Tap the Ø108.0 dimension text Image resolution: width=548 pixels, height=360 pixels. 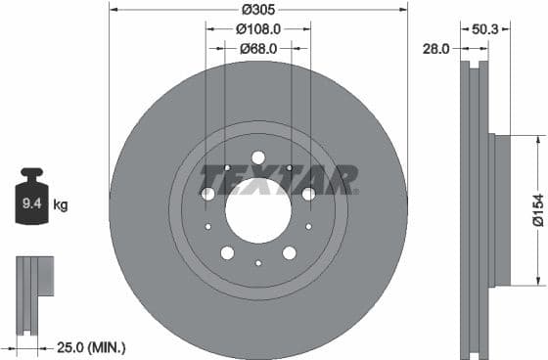(x=258, y=28)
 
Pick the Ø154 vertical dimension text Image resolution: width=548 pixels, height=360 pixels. (x=537, y=208)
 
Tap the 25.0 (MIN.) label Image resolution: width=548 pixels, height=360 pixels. (x=90, y=346)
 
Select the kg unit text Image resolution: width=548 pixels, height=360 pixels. (x=61, y=204)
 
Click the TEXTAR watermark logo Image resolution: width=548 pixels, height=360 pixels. (x=279, y=180)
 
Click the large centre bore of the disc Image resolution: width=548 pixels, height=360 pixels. (x=258, y=207)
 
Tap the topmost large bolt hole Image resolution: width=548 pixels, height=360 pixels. (x=258, y=157)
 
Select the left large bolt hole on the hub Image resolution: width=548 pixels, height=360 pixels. (x=208, y=194)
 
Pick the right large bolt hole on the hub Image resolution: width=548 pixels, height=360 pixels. (x=308, y=194)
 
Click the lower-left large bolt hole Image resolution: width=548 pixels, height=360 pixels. (x=227, y=252)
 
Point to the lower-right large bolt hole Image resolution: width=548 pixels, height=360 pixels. (x=290, y=252)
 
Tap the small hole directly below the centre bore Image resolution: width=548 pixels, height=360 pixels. (x=258, y=262)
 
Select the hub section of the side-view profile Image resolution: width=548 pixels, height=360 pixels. (x=502, y=208)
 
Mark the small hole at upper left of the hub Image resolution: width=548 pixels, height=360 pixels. (x=226, y=167)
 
